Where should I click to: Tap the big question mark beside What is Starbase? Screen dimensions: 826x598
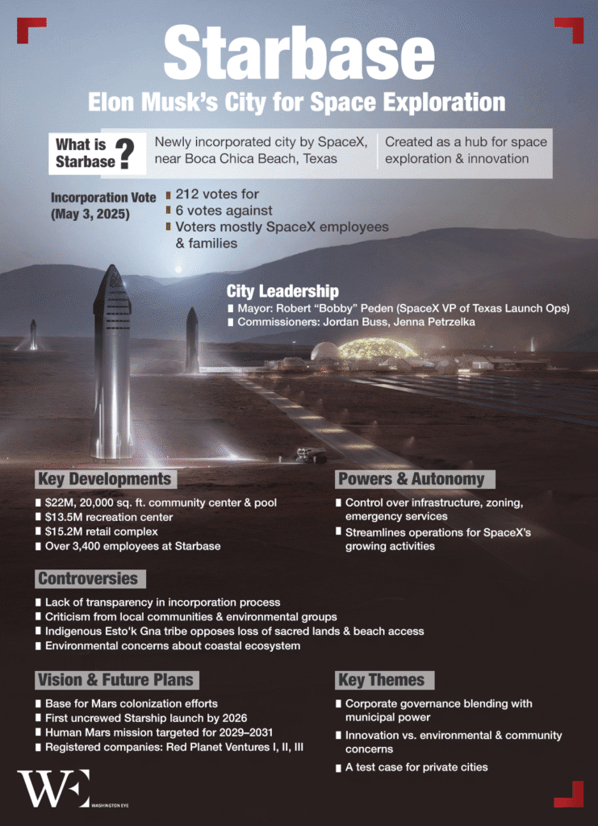pos(126,153)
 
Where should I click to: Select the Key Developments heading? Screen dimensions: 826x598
pos(104,479)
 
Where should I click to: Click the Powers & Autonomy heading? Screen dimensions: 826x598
pos(411,479)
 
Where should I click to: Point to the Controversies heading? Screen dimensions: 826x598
pos(87,578)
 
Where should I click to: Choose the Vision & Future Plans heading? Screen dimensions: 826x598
pos(115,679)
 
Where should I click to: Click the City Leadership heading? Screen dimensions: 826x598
pos(282,291)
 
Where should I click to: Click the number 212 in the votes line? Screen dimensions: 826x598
pos(189,194)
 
